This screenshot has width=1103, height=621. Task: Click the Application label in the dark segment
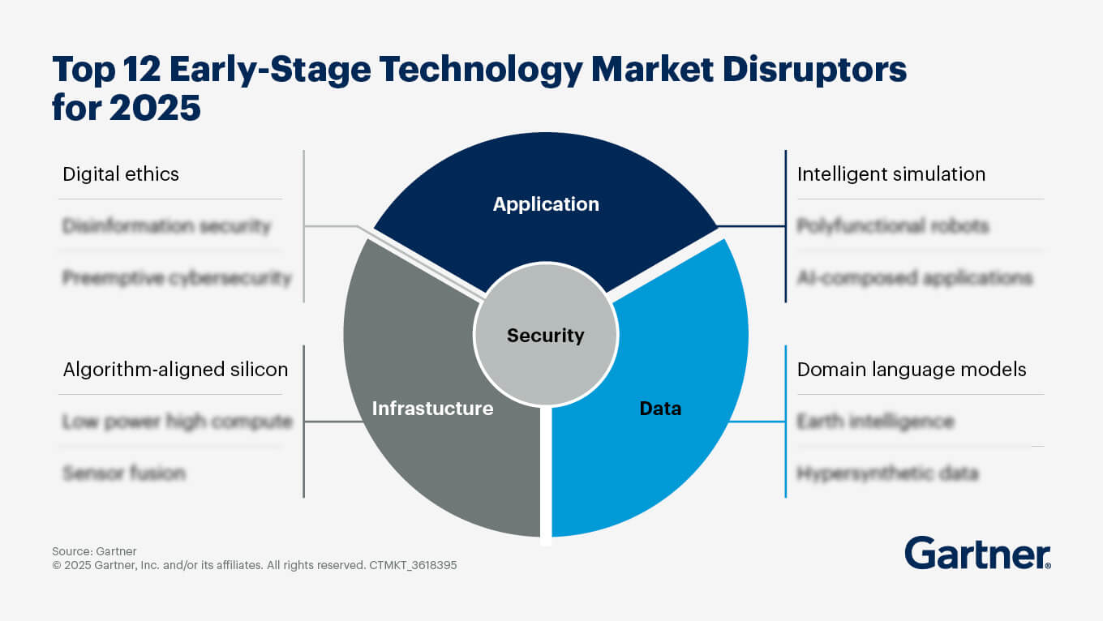(x=546, y=204)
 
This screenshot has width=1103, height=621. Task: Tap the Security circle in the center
(x=545, y=335)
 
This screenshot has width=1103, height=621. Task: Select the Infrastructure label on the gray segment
(x=432, y=408)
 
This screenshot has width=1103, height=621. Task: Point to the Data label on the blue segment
(x=660, y=409)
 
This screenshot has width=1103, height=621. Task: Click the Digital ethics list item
(x=121, y=173)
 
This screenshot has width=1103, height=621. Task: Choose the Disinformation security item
(x=166, y=225)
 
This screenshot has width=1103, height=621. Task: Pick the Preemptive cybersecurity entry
(x=177, y=277)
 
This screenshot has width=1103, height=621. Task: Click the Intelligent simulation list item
(x=891, y=173)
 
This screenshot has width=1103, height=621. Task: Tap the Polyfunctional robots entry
(x=893, y=225)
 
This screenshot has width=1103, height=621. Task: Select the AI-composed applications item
(x=915, y=277)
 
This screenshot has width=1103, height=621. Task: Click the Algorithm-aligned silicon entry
(x=175, y=370)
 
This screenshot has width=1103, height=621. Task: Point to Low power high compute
(x=177, y=422)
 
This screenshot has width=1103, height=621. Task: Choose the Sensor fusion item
(x=124, y=473)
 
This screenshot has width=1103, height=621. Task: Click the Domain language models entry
(x=912, y=370)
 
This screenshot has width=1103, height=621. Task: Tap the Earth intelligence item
(x=875, y=422)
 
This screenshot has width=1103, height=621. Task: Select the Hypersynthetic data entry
(x=887, y=473)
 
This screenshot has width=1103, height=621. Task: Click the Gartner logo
(x=978, y=553)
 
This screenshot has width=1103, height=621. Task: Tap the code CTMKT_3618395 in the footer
(x=412, y=566)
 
